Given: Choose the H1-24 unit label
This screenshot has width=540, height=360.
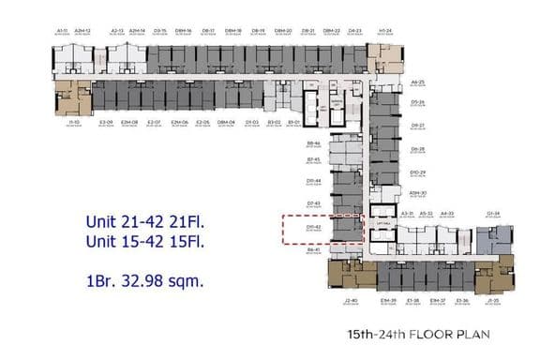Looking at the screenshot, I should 384,30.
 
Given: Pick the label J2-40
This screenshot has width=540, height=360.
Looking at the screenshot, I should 352,301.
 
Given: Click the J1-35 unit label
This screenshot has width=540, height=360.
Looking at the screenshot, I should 492,301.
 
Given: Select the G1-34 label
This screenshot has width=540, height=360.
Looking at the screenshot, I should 492,214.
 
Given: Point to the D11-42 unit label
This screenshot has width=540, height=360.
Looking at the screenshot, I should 314,226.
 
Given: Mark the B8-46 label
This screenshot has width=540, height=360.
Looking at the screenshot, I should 314,143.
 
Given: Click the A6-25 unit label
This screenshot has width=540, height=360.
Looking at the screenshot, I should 418,82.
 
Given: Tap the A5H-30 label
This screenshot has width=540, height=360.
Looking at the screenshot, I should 418,193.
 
